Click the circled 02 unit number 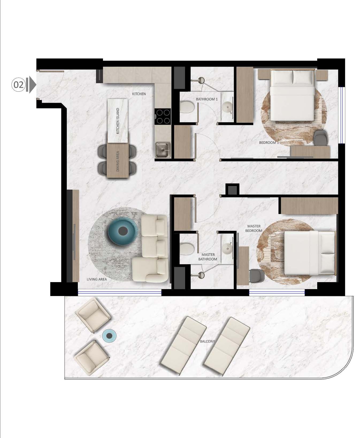click(18, 85)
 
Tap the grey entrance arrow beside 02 click(32, 85)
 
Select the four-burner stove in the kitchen click(163, 116)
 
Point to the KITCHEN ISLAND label click(118, 121)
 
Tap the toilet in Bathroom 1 click(187, 108)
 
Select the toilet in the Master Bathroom click(187, 249)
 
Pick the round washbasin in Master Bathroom click(228, 249)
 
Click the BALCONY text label click(208, 341)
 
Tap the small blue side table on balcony click(109, 335)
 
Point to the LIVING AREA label click(97, 279)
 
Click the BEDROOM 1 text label click(269, 143)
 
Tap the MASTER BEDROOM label click(254, 228)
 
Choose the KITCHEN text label click(139, 94)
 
